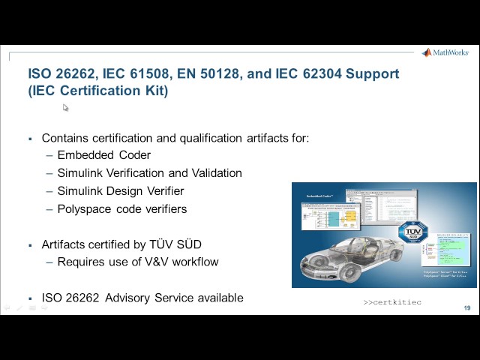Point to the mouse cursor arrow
point(65,108)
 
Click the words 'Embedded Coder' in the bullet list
point(103,155)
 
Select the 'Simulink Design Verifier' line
point(120,191)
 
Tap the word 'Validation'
point(214,173)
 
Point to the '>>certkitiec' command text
point(392,302)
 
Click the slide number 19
point(466,308)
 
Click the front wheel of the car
point(314,266)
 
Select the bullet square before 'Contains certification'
point(30,139)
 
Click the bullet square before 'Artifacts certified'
point(30,245)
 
